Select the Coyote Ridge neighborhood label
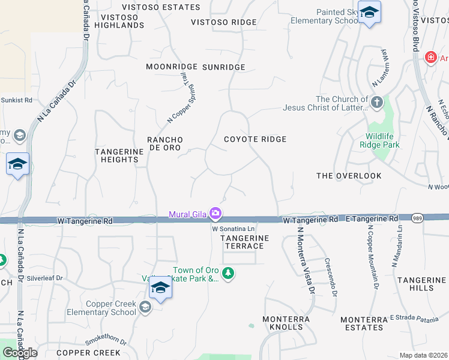point(255,139)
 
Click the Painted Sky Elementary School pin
point(370,13)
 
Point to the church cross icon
point(377,102)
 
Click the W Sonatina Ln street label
point(234,229)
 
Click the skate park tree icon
point(228,274)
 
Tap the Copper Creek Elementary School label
point(111,308)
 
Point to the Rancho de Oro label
point(165,143)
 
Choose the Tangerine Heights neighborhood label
point(119,155)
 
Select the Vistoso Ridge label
point(223,22)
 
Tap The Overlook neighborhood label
point(349,176)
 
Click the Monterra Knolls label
point(286,323)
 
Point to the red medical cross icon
point(430,58)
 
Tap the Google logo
point(20,353)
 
